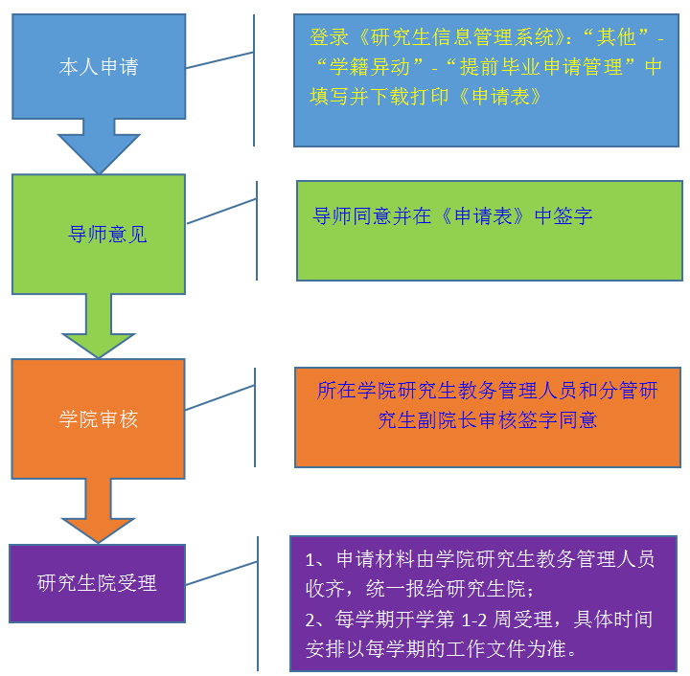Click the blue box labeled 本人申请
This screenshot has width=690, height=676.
99,67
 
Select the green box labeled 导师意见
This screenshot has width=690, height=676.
99,234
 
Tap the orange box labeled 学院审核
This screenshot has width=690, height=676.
99,418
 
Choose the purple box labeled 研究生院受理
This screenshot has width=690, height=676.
97,582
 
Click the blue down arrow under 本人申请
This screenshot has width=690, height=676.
99,147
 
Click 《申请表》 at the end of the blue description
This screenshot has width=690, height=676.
499,97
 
